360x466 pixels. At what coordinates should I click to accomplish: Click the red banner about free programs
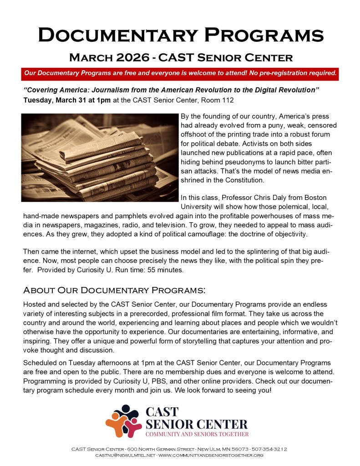pyautogui.click(x=180, y=73)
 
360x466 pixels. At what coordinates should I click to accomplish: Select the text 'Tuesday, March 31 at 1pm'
pyautogui.click(x=66, y=100)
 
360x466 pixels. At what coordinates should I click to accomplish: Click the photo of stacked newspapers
pyautogui.click(x=99, y=157)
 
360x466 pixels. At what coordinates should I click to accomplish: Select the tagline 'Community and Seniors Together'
pyautogui.click(x=197, y=434)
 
